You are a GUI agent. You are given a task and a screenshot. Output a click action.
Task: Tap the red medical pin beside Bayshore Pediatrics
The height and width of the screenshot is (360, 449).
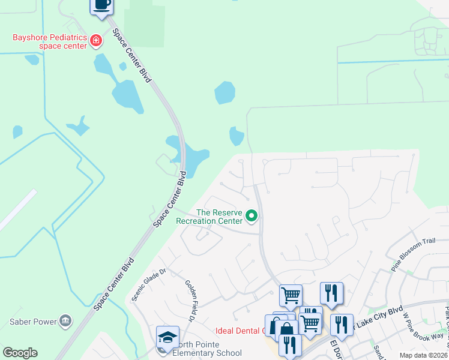point(95,41)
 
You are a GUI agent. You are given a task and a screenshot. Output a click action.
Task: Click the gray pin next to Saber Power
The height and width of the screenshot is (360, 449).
point(65,321)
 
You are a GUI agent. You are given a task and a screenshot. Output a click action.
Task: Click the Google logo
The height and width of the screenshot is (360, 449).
point(20,353)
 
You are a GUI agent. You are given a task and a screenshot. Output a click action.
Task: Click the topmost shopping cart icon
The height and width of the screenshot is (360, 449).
point(291,295)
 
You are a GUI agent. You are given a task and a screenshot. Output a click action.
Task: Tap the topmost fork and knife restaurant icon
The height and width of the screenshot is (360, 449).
point(331,293)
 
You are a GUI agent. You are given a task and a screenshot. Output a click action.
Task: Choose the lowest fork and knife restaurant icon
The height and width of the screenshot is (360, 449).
point(289,345)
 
